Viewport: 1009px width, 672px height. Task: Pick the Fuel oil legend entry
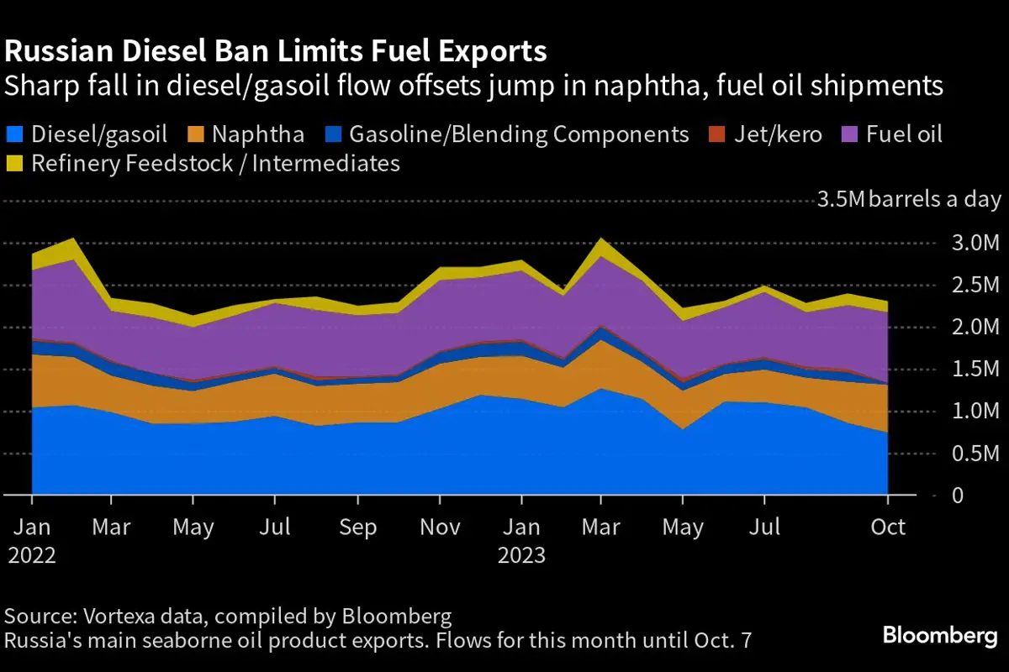click(x=905, y=134)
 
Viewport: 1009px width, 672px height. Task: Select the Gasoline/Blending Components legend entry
click(x=518, y=134)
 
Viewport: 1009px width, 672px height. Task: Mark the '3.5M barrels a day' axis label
click(x=909, y=200)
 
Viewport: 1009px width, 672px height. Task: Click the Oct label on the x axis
click(x=888, y=528)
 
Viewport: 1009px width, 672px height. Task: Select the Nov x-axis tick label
click(x=439, y=528)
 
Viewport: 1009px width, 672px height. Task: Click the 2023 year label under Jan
click(x=521, y=556)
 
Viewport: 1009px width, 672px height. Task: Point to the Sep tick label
click(x=358, y=528)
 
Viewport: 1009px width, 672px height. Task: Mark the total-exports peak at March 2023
click(x=600, y=239)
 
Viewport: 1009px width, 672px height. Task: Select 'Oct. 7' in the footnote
click(x=723, y=641)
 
